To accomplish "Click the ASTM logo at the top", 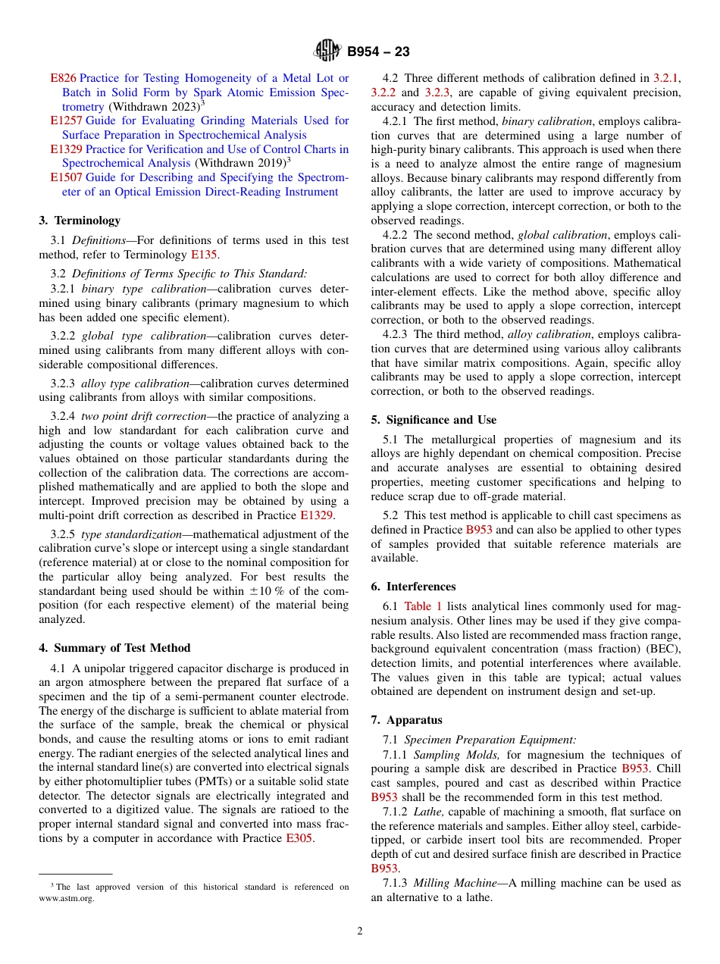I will point(327,52).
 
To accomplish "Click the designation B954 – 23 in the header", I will point(378,52).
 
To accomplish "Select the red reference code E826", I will point(63,78).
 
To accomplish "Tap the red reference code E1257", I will point(66,121).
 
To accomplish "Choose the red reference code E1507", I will point(66,177).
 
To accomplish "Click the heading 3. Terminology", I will point(80,221).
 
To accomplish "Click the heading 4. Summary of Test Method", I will point(114,648).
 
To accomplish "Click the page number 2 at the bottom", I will point(360,931).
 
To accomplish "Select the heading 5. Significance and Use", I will point(434,420).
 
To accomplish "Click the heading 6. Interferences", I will point(413,587).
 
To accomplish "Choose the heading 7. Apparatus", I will point(406,720).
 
